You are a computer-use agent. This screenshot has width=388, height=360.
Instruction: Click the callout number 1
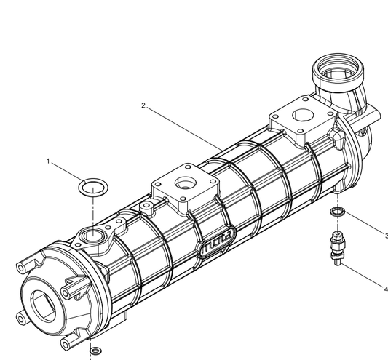coord(49,161)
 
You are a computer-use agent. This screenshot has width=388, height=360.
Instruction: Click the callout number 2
coord(143,105)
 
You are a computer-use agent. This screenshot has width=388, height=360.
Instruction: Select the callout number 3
coord(386,235)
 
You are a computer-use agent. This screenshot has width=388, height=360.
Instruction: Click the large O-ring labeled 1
coord(90,188)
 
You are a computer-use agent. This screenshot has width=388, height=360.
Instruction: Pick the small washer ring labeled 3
coord(336,212)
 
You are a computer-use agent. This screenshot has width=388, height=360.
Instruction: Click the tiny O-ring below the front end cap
coord(94,352)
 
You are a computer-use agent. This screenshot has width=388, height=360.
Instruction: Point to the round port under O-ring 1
coord(93,235)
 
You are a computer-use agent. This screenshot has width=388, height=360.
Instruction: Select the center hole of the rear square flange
coord(300,116)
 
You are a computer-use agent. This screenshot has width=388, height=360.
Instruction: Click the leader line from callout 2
coord(182,128)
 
